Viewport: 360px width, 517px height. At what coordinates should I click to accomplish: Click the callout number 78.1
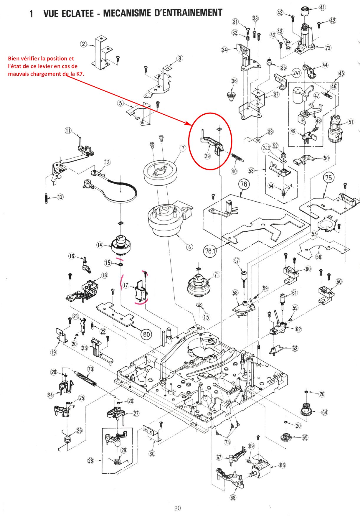[210, 251]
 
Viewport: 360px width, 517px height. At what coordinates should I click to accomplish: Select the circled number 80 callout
[146, 334]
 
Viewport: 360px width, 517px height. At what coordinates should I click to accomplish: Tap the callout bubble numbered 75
[328, 177]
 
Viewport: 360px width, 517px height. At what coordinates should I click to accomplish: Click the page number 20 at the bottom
[177, 508]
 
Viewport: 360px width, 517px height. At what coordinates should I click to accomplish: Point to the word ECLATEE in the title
[77, 14]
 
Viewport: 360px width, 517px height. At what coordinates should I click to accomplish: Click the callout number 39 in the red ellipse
[207, 156]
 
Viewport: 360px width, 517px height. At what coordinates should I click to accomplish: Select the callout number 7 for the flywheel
[183, 148]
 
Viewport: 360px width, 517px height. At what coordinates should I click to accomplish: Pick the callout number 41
[323, 7]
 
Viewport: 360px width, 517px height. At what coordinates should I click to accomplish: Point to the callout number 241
[296, 73]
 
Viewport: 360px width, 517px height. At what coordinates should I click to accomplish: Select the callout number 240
[266, 148]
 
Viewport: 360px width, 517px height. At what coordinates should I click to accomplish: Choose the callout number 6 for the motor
[189, 247]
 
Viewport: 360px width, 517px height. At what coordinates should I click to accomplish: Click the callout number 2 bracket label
[84, 44]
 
